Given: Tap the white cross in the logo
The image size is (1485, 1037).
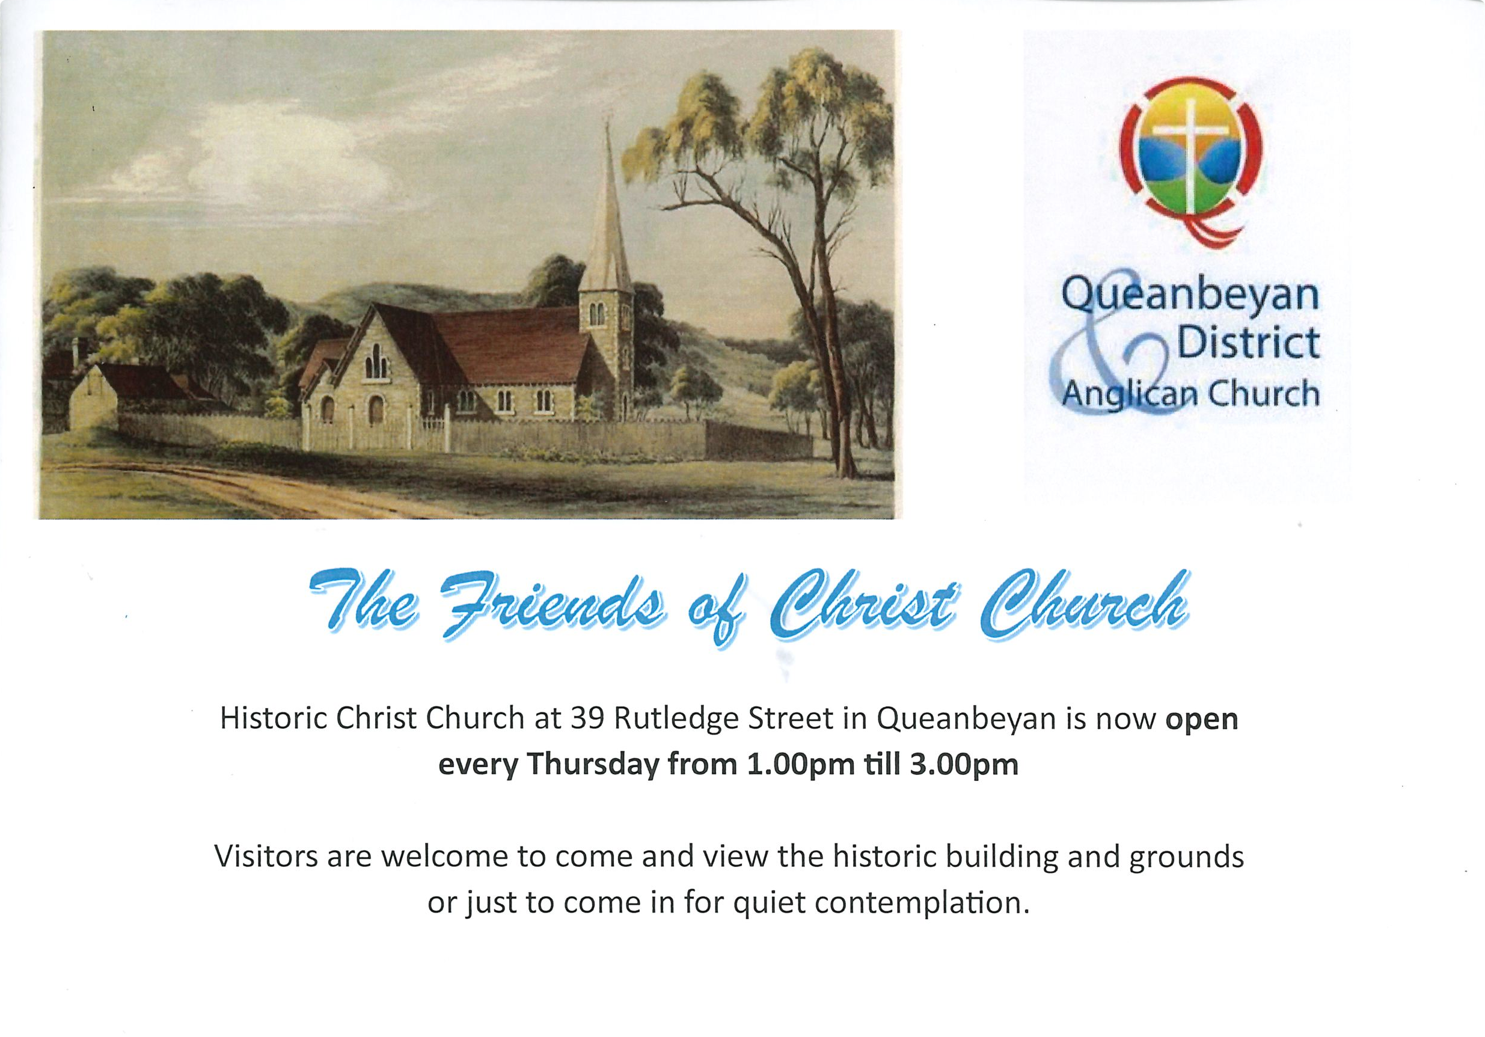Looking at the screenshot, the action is pos(1190,162).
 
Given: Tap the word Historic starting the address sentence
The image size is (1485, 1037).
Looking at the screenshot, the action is pos(272,719).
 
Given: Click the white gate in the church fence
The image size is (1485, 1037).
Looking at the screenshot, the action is pos(435,432).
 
